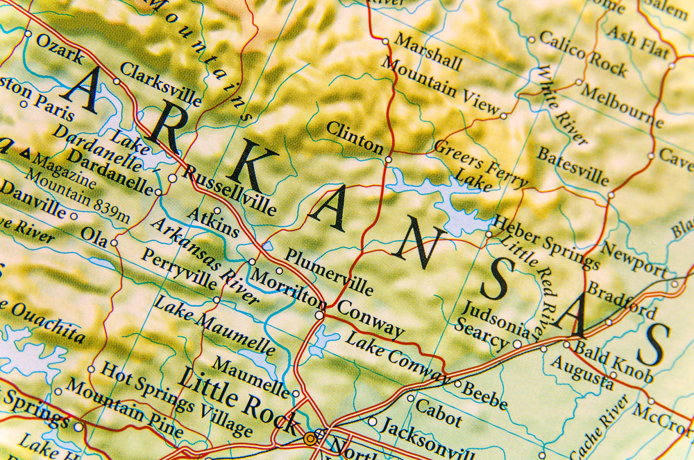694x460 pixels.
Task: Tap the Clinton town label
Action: (354, 136)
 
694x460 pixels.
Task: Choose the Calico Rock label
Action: (583, 53)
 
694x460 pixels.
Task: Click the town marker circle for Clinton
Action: (388, 159)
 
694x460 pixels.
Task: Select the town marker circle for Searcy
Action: (517, 344)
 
